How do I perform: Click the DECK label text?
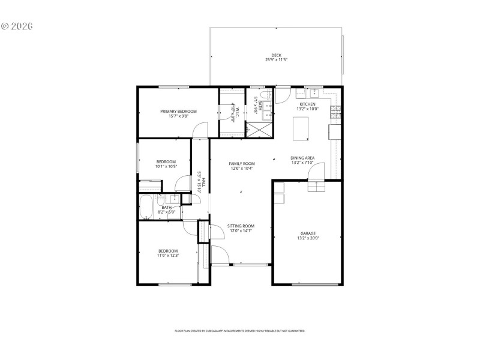click(x=276, y=55)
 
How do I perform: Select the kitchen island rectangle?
click(x=300, y=127)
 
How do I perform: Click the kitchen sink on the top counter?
click(x=314, y=93)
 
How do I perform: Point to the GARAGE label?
click(x=308, y=233)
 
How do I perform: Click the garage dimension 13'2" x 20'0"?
click(x=308, y=238)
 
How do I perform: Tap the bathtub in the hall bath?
click(x=147, y=208)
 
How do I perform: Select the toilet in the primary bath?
click(x=269, y=95)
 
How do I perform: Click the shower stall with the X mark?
click(x=257, y=129)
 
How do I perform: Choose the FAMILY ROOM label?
click(x=242, y=163)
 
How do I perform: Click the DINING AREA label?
click(x=302, y=158)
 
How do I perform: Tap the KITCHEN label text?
click(x=307, y=104)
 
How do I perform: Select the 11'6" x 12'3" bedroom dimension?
click(x=168, y=256)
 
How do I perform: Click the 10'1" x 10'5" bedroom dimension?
click(x=166, y=166)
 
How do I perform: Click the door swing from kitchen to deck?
click(x=283, y=95)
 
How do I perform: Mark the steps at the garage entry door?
click(x=316, y=187)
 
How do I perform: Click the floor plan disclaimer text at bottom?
click(x=239, y=331)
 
